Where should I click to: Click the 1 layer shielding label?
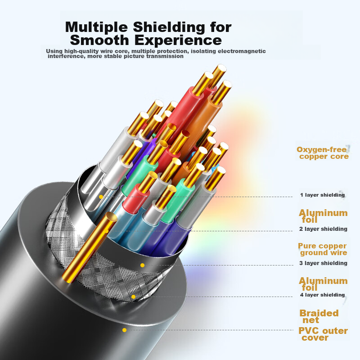point(322,195)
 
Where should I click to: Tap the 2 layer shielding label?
point(324,229)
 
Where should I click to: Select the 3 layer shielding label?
point(324,263)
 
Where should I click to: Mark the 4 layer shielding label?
point(322,295)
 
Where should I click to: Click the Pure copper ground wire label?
point(322,249)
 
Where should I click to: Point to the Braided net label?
point(319,316)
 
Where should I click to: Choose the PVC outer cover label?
point(323,334)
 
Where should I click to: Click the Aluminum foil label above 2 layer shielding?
point(323,216)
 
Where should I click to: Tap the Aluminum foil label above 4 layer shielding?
point(323,284)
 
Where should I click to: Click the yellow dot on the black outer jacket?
point(124,330)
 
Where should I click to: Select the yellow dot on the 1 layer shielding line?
point(101,197)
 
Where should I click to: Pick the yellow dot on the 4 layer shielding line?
point(133,296)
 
